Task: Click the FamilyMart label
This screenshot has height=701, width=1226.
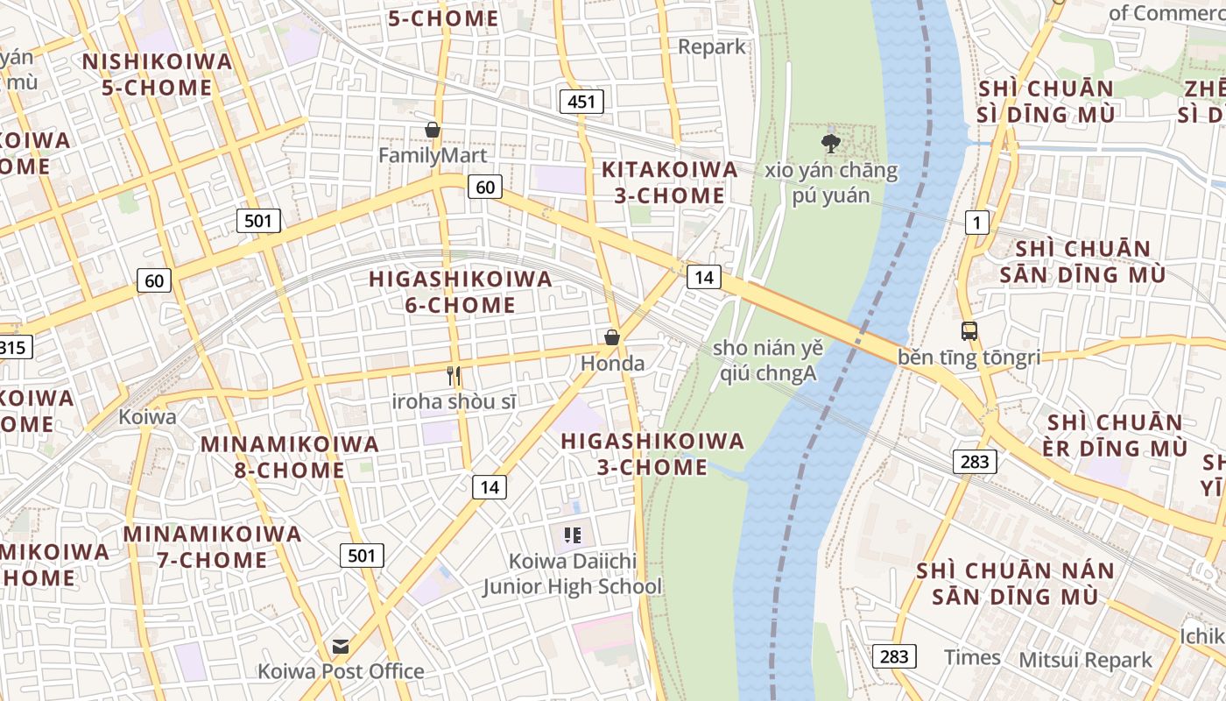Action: pos(432,155)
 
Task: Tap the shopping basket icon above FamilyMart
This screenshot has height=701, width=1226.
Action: pos(432,131)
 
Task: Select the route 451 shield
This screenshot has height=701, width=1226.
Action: pos(581,102)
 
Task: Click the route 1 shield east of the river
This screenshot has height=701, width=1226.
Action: pos(976,223)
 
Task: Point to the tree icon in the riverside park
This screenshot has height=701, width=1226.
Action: pos(830,143)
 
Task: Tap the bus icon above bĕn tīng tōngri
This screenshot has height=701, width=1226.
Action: pos(969,331)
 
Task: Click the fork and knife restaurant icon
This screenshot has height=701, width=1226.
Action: pos(454,376)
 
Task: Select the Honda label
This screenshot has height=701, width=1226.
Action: pos(612,363)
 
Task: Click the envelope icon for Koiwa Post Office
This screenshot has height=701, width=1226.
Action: pos(340,647)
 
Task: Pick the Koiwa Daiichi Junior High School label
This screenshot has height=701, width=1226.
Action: pos(573,574)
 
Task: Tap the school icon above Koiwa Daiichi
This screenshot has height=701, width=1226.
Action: pos(573,535)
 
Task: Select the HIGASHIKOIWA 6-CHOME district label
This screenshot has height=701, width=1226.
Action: pos(461,292)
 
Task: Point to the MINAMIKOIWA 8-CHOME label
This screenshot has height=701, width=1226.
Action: pos(290,457)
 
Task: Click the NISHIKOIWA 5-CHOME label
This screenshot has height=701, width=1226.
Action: pos(157,74)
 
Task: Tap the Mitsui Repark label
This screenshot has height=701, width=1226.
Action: pos(1086,660)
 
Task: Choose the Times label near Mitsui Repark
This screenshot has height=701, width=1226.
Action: pos(972,657)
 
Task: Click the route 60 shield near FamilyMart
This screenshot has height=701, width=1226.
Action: pos(485,186)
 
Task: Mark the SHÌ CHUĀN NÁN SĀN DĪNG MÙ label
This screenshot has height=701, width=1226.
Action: pos(1016,584)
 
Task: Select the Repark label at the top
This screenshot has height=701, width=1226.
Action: pos(712,46)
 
